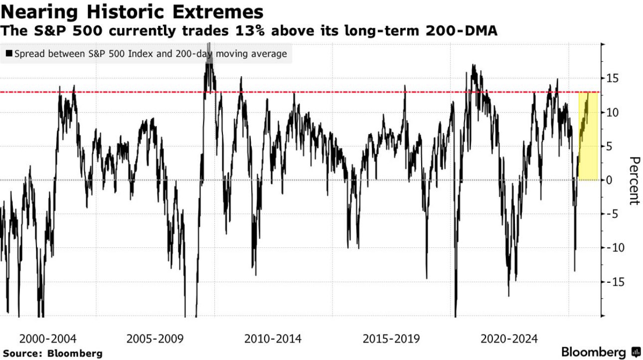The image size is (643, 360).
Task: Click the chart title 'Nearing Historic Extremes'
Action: click(132, 11)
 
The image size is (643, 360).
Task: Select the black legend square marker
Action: click(8, 54)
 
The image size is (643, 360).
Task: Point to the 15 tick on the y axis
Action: click(612, 78)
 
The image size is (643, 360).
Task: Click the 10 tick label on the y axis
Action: click(612, 113)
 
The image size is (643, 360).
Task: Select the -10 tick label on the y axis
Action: click(613, 248)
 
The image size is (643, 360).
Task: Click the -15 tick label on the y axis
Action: click(613, 282)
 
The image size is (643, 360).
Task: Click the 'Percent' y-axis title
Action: click(634, 180)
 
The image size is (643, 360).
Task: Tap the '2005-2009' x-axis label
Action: click(155, 339)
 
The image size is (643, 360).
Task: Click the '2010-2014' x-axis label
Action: click(273, 339)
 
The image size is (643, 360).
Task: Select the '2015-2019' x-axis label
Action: click(391, 339)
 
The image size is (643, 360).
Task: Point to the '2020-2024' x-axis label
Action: click(509, 339)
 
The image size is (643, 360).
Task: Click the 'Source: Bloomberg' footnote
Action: click(51, 353)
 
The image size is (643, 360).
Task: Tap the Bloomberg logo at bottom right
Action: click(600, 352)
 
